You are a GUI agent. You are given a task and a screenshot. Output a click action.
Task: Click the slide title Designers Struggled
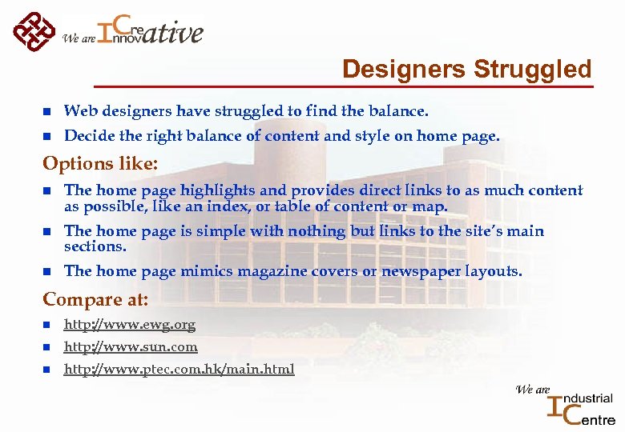(466, 70)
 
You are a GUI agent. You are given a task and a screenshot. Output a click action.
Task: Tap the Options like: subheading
(100, 164)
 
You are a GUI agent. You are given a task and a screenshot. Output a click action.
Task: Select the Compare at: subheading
(95, 299)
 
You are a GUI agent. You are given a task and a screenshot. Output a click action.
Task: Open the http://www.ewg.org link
(129, 325)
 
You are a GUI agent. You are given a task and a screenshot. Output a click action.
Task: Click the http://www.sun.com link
(131, 347)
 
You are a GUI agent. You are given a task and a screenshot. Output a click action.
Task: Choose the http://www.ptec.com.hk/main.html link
(179, 369)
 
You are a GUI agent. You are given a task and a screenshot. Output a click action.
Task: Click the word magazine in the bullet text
(294, 271)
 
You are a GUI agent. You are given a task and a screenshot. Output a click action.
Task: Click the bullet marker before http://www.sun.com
(46, 347)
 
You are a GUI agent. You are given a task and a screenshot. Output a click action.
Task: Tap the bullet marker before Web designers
(46, 110)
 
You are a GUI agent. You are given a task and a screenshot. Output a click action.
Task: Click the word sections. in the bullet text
(95, 247)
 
